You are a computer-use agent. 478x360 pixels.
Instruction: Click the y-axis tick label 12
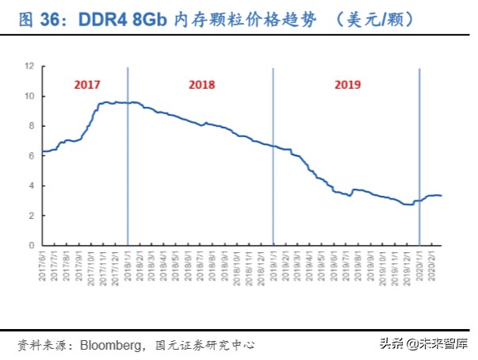click(29, 67)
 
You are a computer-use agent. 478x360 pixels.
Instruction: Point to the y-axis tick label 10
click(29, 97)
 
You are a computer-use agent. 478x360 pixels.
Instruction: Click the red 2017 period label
click(88, 84)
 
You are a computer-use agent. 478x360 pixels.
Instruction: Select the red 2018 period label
click(202, 84)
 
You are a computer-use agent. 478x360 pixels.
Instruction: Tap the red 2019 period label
click(347, 84)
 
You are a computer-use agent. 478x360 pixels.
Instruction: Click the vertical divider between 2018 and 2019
click(273, 159)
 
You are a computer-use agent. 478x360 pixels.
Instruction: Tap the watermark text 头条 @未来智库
click(423, 344)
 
